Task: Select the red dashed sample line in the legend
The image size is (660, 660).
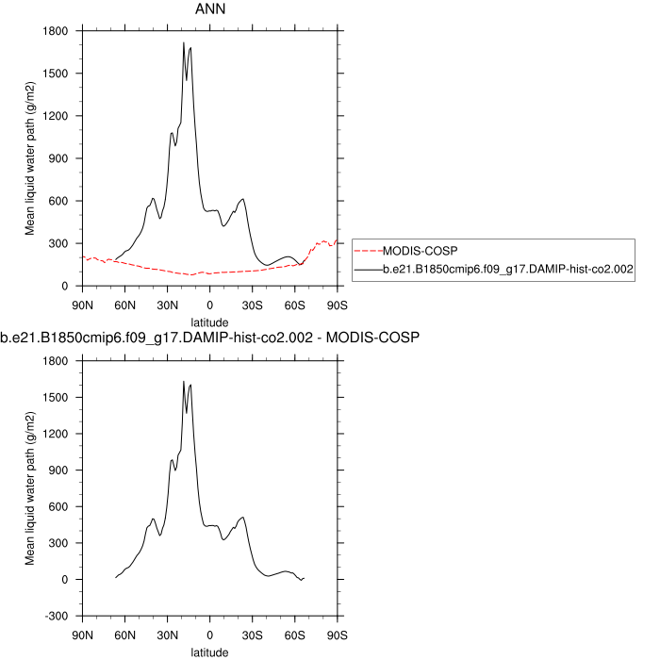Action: click(369, 251)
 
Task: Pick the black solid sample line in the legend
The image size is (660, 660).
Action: click(369, 270)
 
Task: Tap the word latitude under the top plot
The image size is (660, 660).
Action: click(209, 321)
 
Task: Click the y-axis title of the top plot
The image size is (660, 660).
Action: click(30, 158)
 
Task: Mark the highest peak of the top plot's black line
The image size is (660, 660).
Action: click(183, 42)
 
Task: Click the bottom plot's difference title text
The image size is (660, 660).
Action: click(209, 337)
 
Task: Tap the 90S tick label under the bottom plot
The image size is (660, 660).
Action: click(337, 634)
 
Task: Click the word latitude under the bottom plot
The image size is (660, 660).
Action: click(209, 650)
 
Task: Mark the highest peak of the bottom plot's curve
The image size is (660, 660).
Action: click(183, 382)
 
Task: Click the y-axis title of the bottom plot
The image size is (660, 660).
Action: click(30, 487)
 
